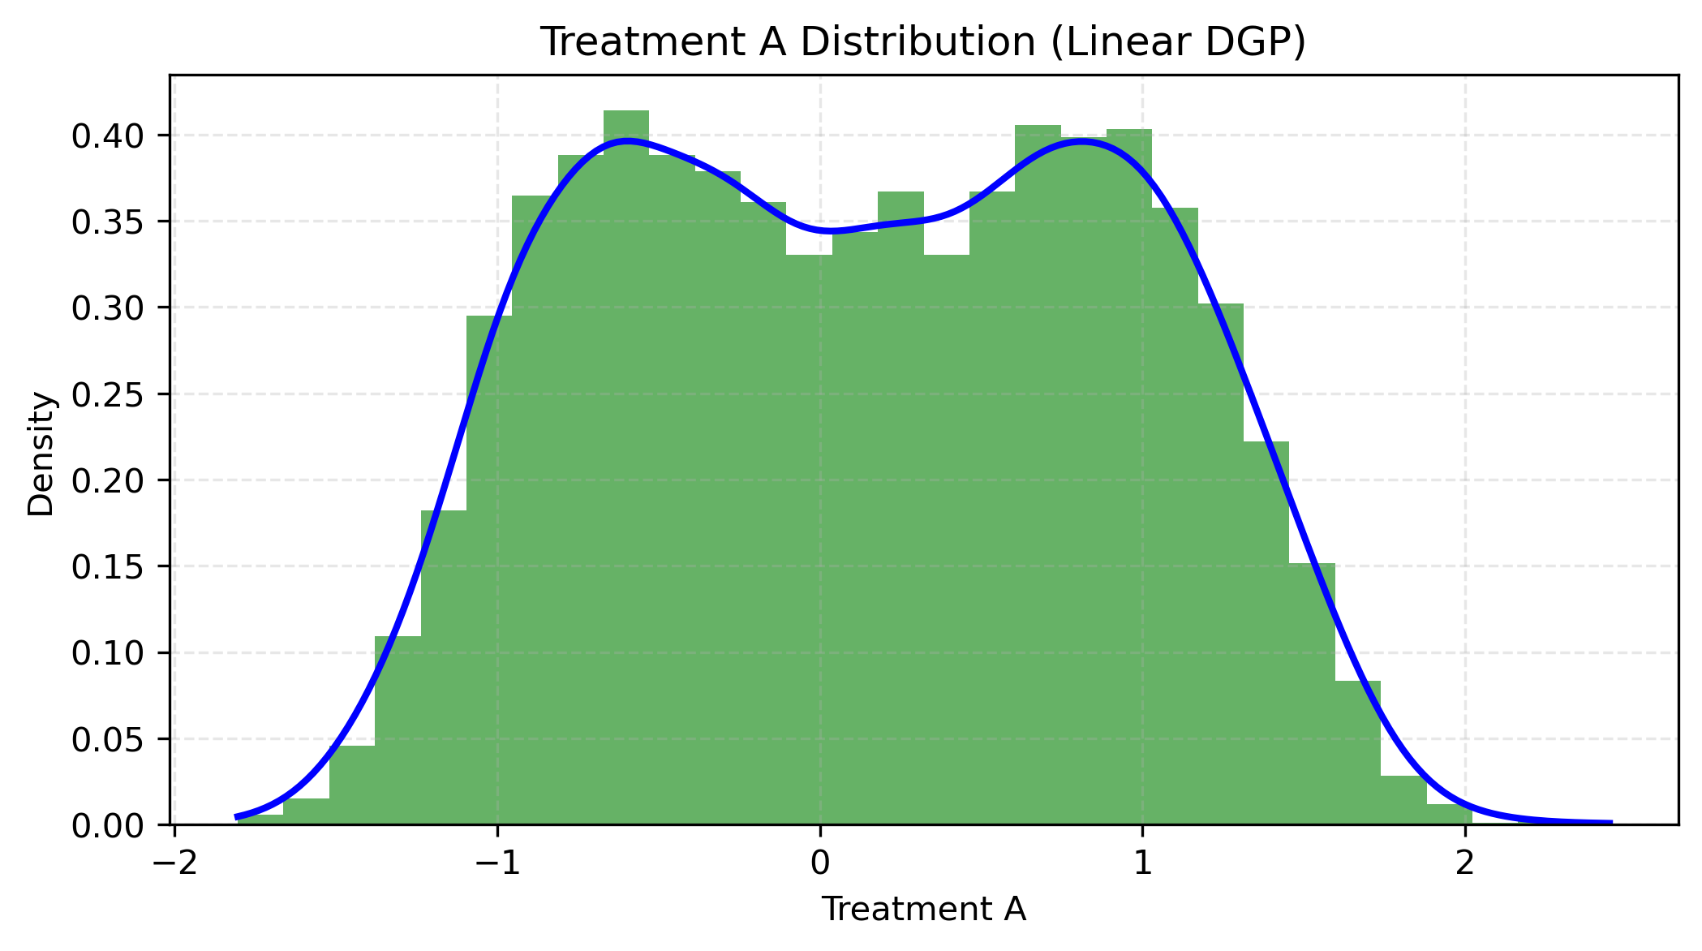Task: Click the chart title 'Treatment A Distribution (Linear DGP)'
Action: [x=923, y=42]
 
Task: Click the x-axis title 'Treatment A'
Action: [x=923, y=910]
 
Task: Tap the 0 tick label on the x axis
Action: [x=819, y=863]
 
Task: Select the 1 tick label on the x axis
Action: [x=1142, y=863]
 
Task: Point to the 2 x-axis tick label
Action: [x=1464, y=863]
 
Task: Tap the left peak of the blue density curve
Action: [x=626, y=140]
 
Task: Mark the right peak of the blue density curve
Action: [x=1081, y=140]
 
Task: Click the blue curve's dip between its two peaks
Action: [x=832, y=231]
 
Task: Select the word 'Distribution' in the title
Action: [x=916, y=42]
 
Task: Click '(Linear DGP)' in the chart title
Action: [x=1178, y=42]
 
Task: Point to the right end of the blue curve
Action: [x=1611, y=823]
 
